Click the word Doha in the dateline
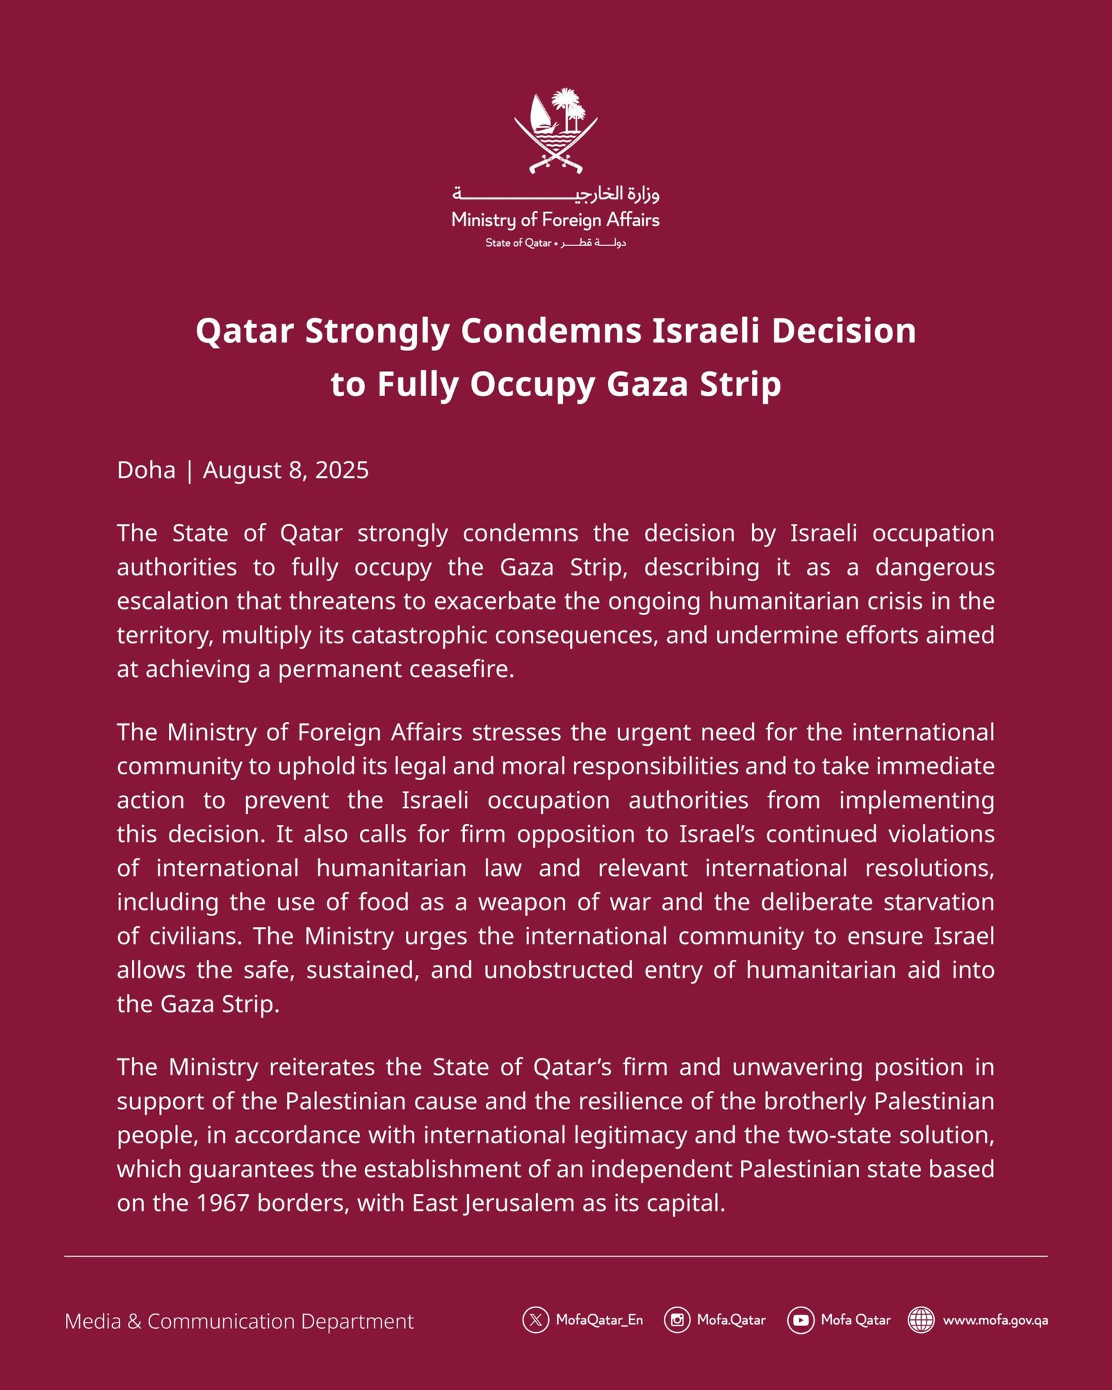[146, 471]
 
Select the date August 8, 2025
[286, 471]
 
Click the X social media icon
[535, 1320]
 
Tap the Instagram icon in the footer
[676, 1320]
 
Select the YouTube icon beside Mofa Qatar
[800, 1320]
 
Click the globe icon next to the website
[921, 1320]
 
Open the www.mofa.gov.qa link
[995, 1320]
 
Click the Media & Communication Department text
[239, 1321]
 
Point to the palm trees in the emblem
[569, 108]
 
